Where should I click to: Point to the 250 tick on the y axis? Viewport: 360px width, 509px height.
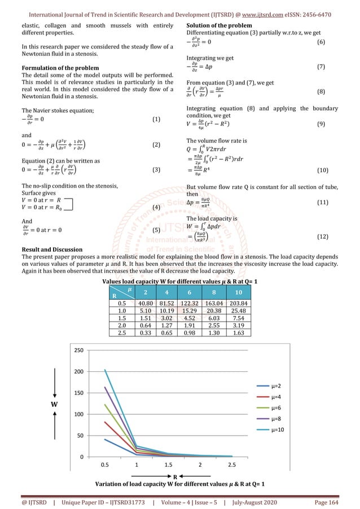[79, 350]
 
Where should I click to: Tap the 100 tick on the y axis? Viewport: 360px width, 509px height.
[79, 414]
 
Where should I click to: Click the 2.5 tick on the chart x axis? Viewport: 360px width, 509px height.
[231, 464]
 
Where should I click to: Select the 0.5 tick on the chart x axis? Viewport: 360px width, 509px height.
[106, 464]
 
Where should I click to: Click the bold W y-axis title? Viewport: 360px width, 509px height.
[54, 404]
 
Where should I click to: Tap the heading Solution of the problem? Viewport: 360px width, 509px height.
[219, 27]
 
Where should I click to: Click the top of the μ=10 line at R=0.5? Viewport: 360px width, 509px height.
[106, 370]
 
